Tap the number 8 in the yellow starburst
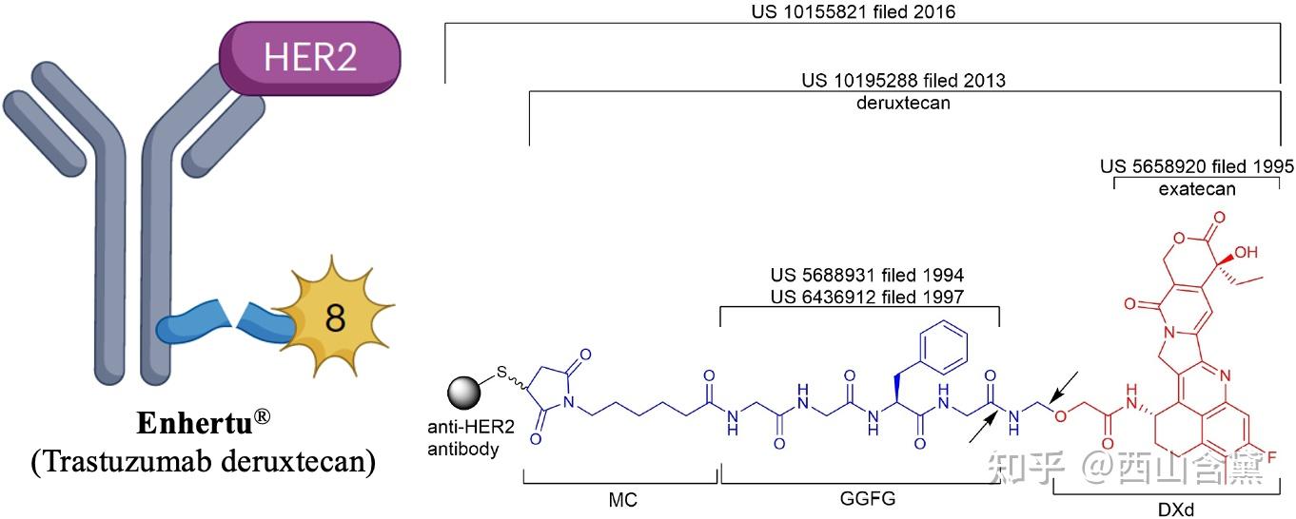[335, 319]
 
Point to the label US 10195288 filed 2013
[903, 81]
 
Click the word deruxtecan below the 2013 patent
[903, 103]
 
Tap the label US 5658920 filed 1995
[1196, 166]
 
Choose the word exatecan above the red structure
[1197, 189]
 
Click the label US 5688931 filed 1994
[867, 276]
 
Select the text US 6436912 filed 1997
[867, 297]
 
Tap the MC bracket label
[622, 499]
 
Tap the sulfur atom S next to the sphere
[501, 373]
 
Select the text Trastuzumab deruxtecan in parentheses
[203, 462]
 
